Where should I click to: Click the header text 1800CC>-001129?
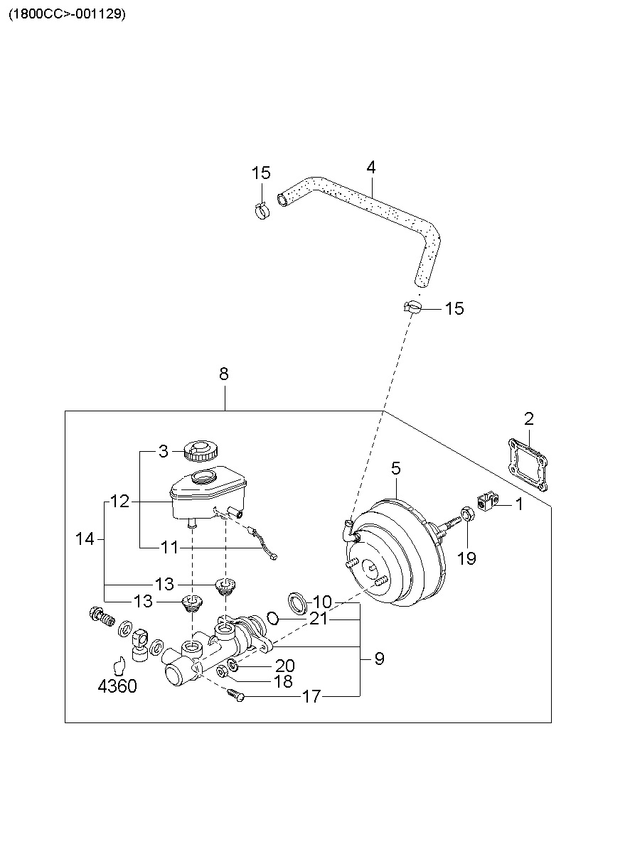[67, 15]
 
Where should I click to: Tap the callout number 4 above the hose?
[370, 167]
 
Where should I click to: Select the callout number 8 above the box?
[223, 374]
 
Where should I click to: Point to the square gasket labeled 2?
[528, 465]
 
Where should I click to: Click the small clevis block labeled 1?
[488, 501]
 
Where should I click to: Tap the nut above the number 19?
[467, 514]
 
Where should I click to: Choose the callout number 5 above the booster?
[395, 468]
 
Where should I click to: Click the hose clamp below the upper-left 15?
[262, 211]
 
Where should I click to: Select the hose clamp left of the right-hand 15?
[412, 307]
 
